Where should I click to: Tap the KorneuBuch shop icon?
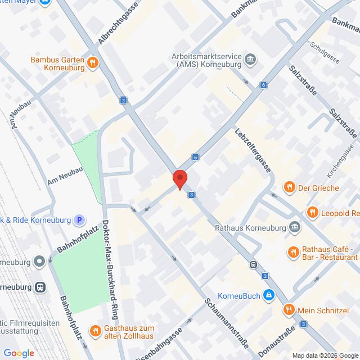click(x=270, y=294)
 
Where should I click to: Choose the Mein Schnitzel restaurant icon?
click(x=288, y=309)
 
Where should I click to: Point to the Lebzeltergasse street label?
click(x=253, y=152)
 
